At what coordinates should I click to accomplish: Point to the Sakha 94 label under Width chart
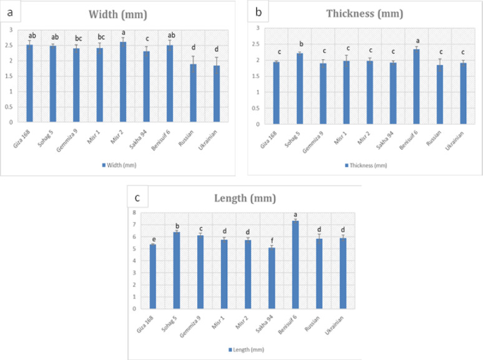pyautogui.click(x=144, y=137)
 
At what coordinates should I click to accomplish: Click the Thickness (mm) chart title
pyautogui.click(x=365, y=14)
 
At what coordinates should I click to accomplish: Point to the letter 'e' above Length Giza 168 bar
pyautogui.click(x=153, y=238)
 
